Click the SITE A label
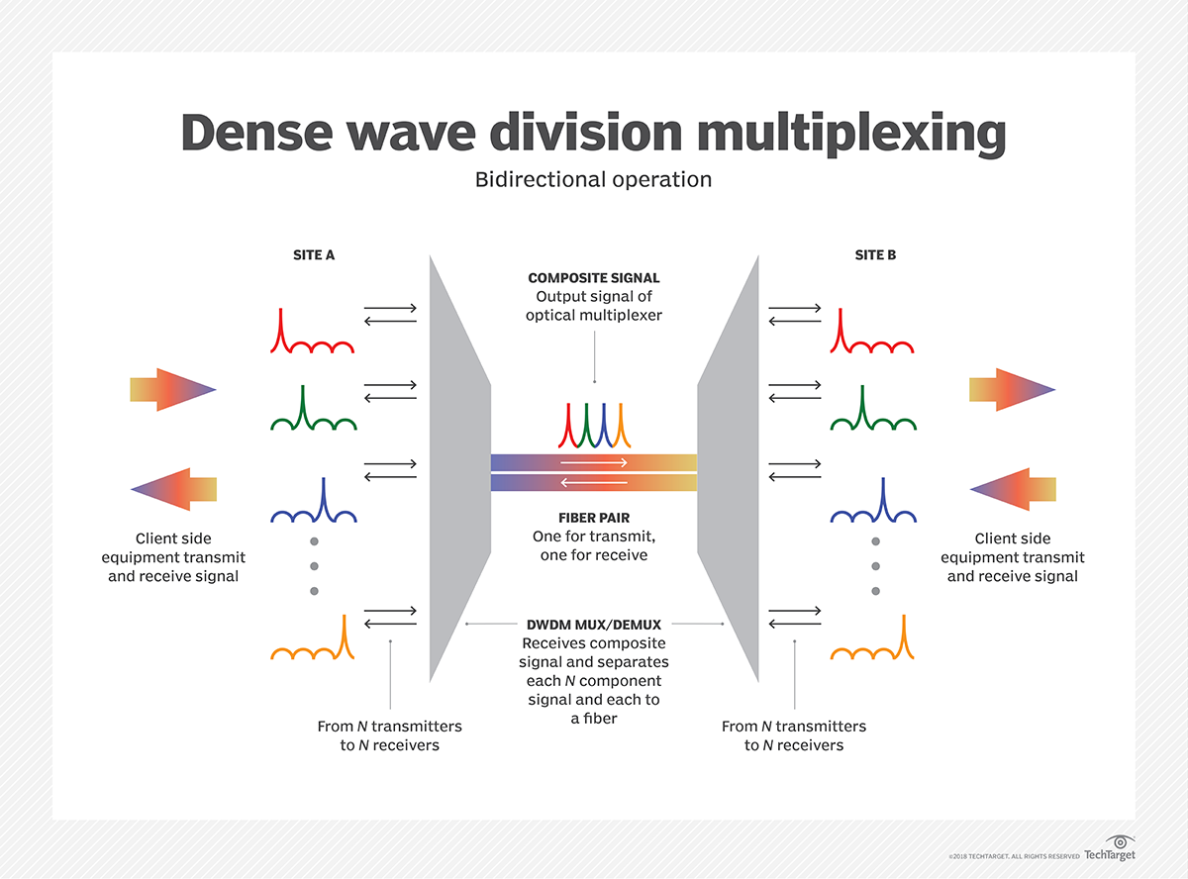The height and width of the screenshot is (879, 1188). [x=314, y=254]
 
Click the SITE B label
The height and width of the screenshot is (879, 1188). [x=875, y=254]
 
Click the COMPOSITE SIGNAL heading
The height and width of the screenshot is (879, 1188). [x=593, y=278]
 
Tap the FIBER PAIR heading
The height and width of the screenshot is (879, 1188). [x=593, y=517]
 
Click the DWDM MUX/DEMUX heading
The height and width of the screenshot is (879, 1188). [x=593, y=625]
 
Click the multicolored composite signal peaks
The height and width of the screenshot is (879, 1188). [x=593, y=426]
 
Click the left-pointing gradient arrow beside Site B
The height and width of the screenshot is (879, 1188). [x=1013, y=489]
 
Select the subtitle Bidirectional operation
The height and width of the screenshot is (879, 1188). [x=593, y=180]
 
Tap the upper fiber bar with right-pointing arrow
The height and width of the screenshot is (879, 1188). [x=593, y=462]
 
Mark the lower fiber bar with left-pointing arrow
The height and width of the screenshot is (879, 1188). [x=593, y=483]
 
